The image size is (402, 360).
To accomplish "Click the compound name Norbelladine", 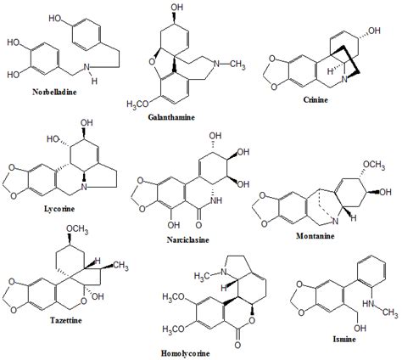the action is [54, 92].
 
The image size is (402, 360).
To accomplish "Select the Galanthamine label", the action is [171, 117].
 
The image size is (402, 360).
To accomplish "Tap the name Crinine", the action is [315, 99].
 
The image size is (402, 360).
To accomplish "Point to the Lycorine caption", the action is [59, 209].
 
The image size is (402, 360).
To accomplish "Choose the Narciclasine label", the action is [188, 240].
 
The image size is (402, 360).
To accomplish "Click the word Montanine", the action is [315, 236].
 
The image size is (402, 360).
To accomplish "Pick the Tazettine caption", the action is [66, 320].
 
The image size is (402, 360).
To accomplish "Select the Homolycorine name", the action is [186, 353].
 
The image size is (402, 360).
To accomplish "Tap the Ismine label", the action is [344, 339].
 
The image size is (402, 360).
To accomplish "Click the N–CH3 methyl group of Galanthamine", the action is [237, 65].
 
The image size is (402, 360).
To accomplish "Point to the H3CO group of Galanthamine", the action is [137, 104].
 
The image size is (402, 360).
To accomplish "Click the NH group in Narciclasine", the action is [216, 200].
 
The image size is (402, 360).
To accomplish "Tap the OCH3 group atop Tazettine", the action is [77, 229].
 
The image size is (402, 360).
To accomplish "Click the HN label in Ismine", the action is [368, 303].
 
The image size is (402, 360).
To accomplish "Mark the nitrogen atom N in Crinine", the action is [344, 80].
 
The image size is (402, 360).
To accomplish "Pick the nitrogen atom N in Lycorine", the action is [84, 187].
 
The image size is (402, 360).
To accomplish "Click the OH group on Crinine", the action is [374, 31].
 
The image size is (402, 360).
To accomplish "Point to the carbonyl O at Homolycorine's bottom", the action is [237, 346].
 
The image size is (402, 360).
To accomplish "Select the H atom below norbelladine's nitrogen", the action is [94, 82].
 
